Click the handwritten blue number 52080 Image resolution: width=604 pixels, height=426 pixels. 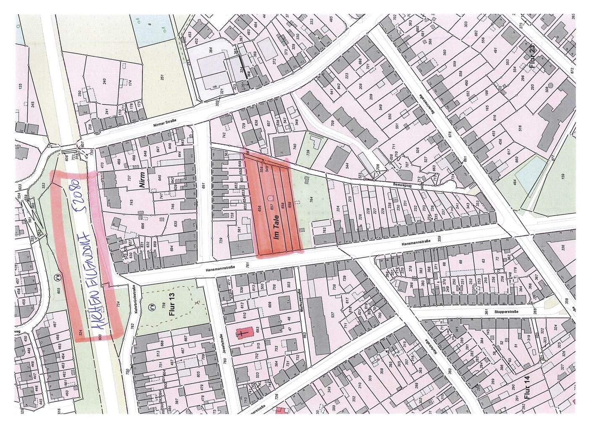pyautogui.click(x=80, y=197)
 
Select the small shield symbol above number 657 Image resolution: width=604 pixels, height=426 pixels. pyautogui.click(x=271, y=196)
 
